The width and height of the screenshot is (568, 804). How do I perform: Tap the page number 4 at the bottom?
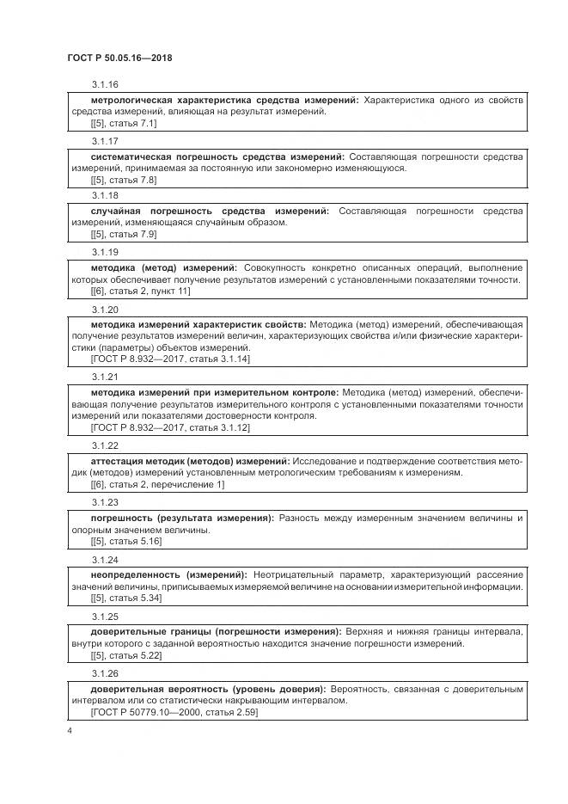pos(69,731)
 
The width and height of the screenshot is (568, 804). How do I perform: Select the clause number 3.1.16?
pos(104,84)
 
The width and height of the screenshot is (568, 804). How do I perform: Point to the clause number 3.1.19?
pos(104,252)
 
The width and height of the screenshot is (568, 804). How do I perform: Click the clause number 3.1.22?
pos(104,445)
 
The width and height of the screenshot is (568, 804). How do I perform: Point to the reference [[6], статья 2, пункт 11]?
pos(140,292)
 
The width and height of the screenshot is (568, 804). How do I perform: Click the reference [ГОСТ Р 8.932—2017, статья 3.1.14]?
pos(170,359)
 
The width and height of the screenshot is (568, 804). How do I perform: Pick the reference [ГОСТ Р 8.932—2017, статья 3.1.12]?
pos(170,427)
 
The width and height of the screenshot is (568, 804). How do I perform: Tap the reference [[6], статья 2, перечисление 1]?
pos(157,484)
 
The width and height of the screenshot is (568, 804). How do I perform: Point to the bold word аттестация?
pos(119,462)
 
